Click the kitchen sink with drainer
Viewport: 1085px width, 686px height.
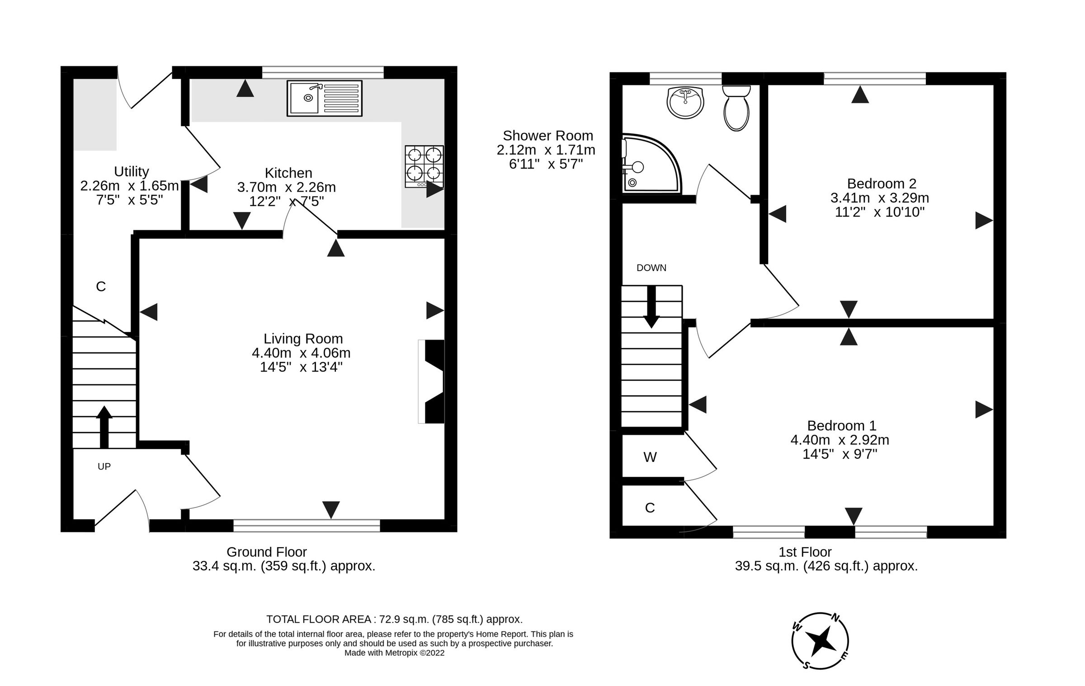[324, 98]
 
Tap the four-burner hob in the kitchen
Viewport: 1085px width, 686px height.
[424, 166]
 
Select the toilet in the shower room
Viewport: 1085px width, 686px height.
[736, 108]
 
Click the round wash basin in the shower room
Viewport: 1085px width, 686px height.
[685, 103]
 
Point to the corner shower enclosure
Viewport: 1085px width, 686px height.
[649, 164]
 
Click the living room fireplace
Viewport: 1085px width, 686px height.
[432, 381]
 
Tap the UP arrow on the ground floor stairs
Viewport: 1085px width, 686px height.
[104, 426]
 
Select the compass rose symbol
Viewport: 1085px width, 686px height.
[820, 641]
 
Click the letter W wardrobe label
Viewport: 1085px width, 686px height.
[650, 457]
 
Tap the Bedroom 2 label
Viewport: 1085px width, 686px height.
[881, 183]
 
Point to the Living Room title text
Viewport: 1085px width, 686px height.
[303, 338]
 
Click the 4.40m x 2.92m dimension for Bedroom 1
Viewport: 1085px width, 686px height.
[840, 440]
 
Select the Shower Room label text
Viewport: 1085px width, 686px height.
[547, 136]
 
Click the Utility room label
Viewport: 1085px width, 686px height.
[131, 171]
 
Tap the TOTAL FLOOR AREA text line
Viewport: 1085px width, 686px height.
[394, 619]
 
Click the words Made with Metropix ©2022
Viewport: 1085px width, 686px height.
[394, 653]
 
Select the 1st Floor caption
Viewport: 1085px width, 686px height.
[805, 552]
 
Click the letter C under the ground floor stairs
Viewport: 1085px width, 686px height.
[101, 287]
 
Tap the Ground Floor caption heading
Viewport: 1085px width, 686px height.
[266, 552]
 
